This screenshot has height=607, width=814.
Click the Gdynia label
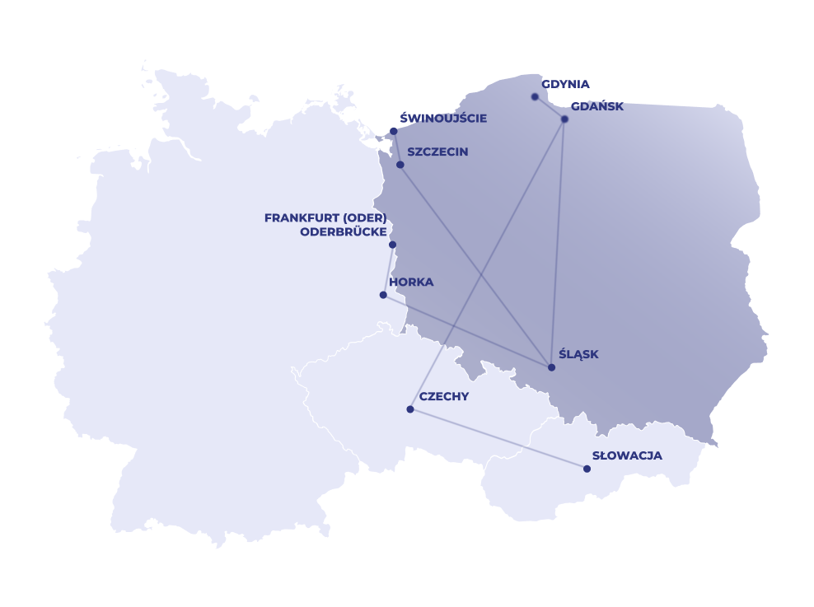coord(565,84)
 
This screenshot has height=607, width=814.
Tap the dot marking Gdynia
coord(535,97)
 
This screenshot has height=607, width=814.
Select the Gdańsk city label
coord(596,106)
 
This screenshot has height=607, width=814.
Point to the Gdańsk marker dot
coord(564,119)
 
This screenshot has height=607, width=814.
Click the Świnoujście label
coord(443,119)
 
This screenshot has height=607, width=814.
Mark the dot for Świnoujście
coord(394,132)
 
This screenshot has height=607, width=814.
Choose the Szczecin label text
coord(437,152)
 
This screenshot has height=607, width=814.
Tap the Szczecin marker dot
coord(400,165)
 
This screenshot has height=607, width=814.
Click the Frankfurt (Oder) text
coord(325,218)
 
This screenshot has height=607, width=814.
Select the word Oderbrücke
coord(344,231)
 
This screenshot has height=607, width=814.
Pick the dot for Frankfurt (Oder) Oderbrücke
coord(392,245)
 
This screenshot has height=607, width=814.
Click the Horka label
coord(411,282)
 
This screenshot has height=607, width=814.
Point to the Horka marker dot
coord(383,295)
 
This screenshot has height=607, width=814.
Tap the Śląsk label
coord(578,355)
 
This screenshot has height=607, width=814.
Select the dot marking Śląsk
coord(551,367)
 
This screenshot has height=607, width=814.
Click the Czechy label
coord(444,397)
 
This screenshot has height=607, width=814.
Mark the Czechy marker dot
coord(410,409)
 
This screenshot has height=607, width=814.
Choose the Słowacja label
coord(627,455)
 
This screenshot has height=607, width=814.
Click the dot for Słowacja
coord(587,469)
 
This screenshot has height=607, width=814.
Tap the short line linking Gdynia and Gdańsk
coord(550,108)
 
